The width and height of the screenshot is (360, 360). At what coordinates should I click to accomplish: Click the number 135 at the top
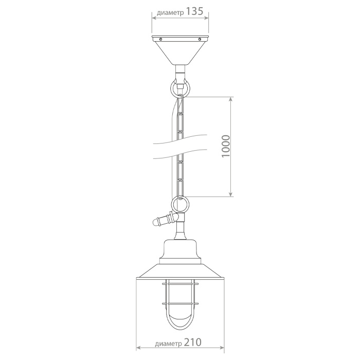194,11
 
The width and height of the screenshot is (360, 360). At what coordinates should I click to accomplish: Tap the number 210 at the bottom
192,343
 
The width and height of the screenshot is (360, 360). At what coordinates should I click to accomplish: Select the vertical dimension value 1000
226,146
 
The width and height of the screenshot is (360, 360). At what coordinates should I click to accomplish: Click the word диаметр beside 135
170,13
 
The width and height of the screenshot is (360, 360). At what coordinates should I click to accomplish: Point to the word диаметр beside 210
169,344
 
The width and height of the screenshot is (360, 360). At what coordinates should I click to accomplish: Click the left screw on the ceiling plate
161,39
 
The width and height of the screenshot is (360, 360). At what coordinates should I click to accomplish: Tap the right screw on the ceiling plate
200,39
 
